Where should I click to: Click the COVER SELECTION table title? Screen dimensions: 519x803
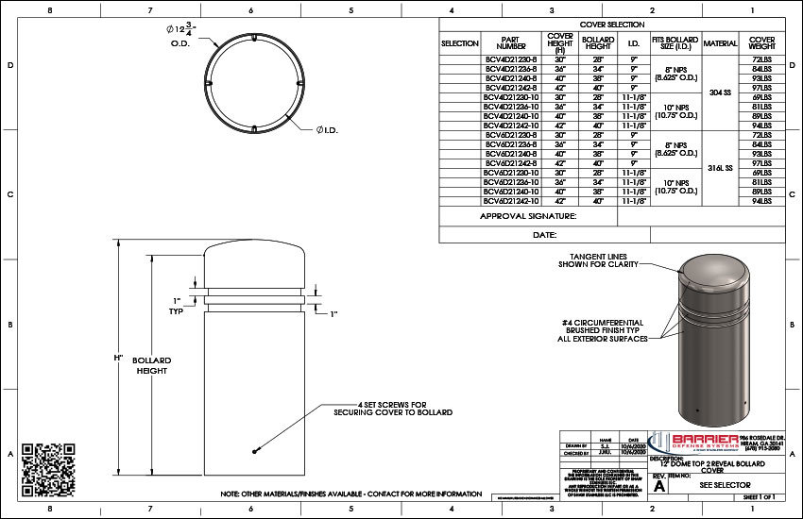click(x=611, y=25)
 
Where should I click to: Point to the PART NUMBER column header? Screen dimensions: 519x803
click(x=511, y=43)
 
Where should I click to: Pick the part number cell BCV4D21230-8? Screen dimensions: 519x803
click(x=511, y=59)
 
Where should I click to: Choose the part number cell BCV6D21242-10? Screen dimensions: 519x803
click(x=511, y=201)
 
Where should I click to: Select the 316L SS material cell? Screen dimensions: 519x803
click(x=721, y=167)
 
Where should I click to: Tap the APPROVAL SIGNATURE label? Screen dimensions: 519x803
click(x=527, y=216)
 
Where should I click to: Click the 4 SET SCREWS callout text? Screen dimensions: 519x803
click(x=392, y=408)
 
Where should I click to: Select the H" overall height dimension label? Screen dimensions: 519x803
click(x=119, y=359)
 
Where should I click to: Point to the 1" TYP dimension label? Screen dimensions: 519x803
click(x=176, y=305)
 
